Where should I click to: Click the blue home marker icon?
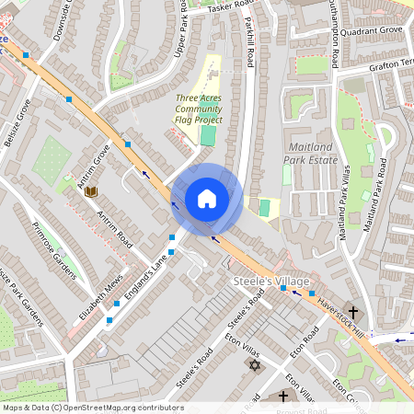click(x=207, y=198)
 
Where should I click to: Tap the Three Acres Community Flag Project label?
click(x=199, y=109)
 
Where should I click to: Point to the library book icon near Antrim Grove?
click(x=91, y=190)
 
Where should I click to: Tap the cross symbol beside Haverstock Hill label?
click(x=353, y=313)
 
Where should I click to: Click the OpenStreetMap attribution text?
click(x=92, y=408)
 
